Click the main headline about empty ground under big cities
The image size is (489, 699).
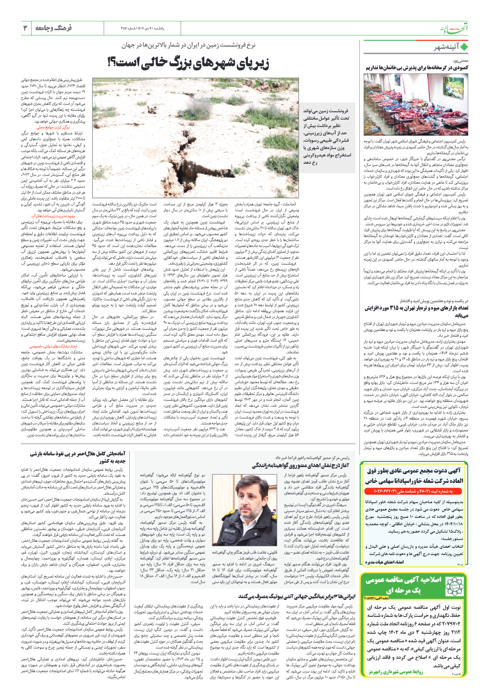tap(188, 63)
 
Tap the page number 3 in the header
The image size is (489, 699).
tap(25, 28)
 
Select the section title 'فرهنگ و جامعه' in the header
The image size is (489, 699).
tap(54, 28)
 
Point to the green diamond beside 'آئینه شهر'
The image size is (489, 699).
tap(464, 47)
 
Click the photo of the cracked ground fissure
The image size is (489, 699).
tap(195, 138)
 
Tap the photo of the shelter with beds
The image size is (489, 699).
tap(416, 105)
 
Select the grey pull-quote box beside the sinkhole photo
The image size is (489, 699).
tap(327, 137)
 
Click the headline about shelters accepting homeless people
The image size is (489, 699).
tap(417, 68)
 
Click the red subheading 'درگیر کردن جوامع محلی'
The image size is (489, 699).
tap(53, 127)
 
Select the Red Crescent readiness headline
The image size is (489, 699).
tap(78, 458)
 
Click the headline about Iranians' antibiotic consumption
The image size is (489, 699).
tap(297, 596)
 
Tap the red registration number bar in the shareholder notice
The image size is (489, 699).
tap(414, 491)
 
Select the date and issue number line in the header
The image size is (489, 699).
tap(142, 28)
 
